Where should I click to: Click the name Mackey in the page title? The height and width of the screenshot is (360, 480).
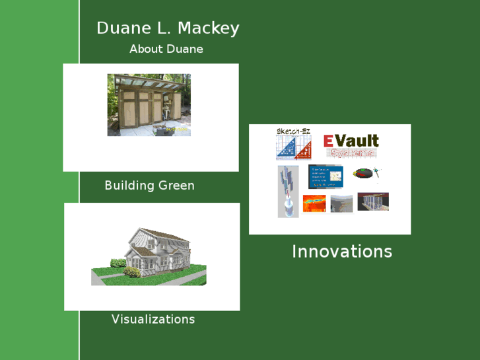pyautogui.click(x=208, y=28)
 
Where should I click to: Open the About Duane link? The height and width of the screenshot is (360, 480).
pyautogui.click(x=166, y=49)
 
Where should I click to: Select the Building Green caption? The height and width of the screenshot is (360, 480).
pyautogui.click(x=149, y=186)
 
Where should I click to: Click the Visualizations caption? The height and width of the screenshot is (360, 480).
pyautogui.click(x=153, y=319)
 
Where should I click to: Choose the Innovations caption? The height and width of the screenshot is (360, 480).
pyautogui.click(x=341, y=252)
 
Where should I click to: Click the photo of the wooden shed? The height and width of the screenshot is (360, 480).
pyautogui.click(x=149, y=106)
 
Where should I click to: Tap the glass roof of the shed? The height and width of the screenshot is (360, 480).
pyautogui.click(x=149, y=81)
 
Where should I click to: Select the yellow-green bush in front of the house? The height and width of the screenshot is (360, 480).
pyautogui.click(x=132, y=271)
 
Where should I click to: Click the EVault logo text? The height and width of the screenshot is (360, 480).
pyautogui.click(x=351, y=140)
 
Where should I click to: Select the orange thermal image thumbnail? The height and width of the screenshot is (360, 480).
pyautogui.click(x=314, y=203)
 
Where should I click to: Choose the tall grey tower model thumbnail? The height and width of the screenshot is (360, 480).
pyautogui.click(x=288, y=192)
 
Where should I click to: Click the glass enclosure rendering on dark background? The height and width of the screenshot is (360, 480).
pyautogui.click(x=373, y=201)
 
